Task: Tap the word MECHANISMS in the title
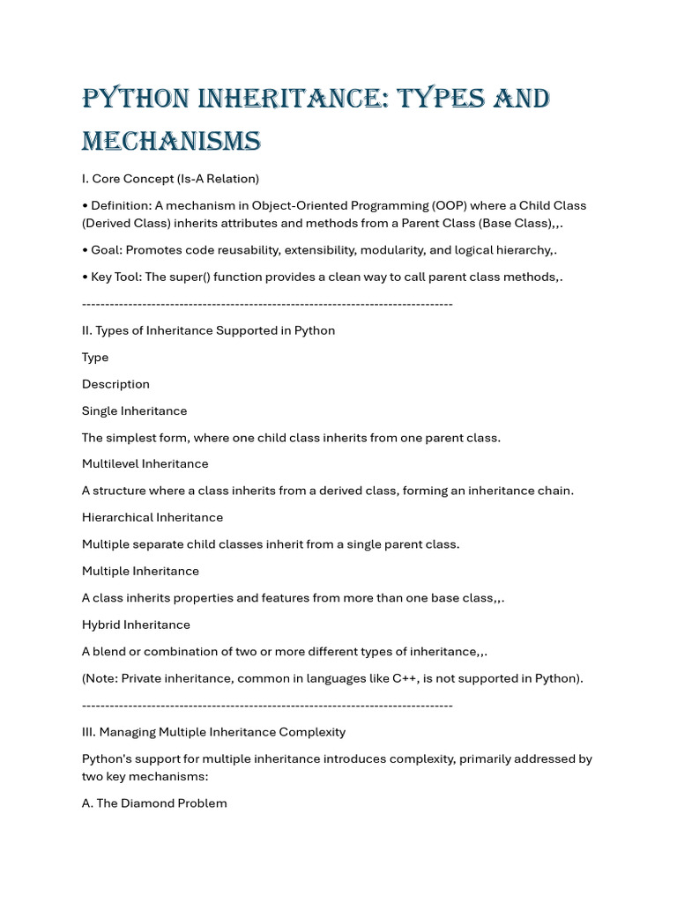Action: pos(171,141)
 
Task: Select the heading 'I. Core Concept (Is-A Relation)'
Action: pos(170,179)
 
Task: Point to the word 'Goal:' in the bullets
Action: pos(108,250)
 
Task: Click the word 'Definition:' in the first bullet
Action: pos(121,205)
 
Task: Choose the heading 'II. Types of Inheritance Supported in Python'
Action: pos(208,330)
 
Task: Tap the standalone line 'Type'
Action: pos(95,357)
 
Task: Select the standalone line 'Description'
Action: pos(115,384)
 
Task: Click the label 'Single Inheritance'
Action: pos(134,410)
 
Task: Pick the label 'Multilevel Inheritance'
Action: pos(145,463)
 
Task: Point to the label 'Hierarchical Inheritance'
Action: pos(153,517)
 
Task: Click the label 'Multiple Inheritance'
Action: pos(140,571)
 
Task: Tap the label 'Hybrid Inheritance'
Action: pos(136,625)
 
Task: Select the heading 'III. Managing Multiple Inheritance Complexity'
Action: pos(213,732)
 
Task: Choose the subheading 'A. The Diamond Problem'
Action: pos(154,803)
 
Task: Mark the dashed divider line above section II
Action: pos(267,304)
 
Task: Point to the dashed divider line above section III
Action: pos(267,706)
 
